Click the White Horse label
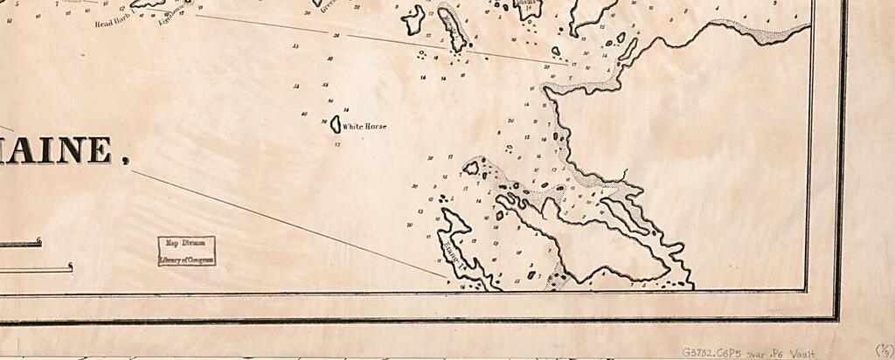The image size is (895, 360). (364, 127)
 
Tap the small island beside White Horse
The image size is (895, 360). (335, 125)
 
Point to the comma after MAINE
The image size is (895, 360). (125, 160)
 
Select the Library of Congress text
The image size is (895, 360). (186, 260)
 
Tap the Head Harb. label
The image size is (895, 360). (112, 23)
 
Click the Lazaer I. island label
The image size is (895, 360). (454, 249)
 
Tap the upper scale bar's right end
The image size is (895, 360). (39, 243)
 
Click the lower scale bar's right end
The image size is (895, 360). (71, 268)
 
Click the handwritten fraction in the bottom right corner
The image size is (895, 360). (883, 351)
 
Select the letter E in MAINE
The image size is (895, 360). (99, 150)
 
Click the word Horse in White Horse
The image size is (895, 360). (376, 127)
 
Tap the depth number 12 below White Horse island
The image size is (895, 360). (338, 143)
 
